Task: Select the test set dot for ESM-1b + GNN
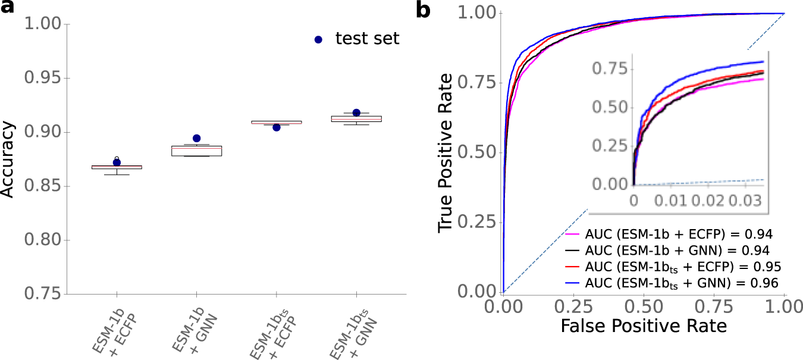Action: click(197, 139)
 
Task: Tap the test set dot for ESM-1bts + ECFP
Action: click(277, 127)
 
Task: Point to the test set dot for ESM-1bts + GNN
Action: click(356, 112)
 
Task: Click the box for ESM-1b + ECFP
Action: click(117, 167)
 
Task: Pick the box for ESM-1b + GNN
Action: click(196, 151)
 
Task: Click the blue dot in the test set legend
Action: click(319, 39)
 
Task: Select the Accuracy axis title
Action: click(8, 159)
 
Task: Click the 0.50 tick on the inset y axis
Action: click(613, 108)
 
